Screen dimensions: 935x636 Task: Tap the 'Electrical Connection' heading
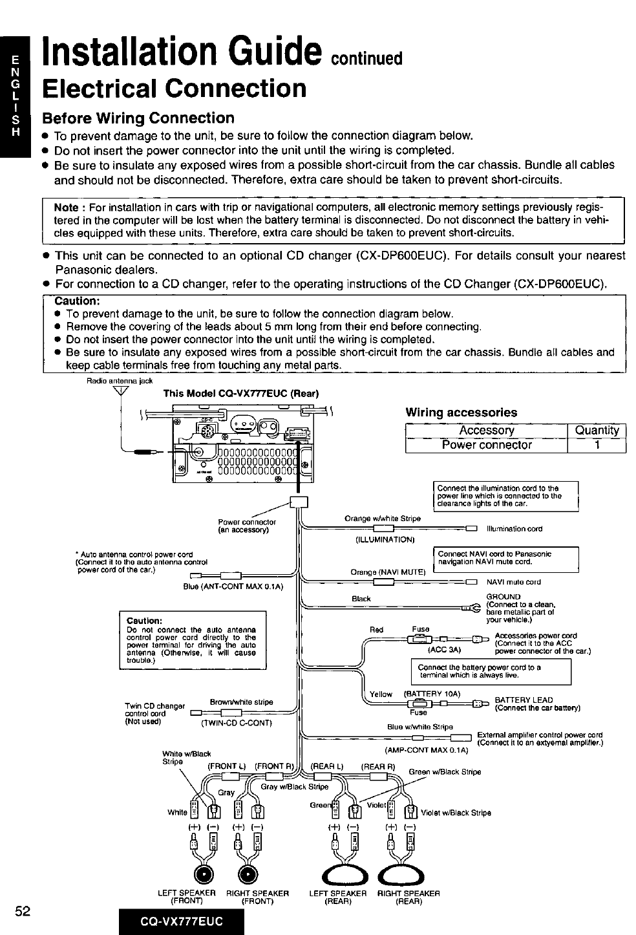tap(174, 88)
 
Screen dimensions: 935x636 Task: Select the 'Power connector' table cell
tap(486, 445)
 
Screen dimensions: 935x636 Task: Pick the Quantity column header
tap(597, 430)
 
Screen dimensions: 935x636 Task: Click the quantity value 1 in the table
tap(597, 445)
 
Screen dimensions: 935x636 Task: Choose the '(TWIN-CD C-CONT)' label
tap(237, 723)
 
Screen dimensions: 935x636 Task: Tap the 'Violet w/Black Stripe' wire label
tap(456, 813)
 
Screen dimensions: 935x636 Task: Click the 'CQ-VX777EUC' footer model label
tap(182, 921)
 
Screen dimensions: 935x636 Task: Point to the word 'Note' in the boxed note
tap(66, 207)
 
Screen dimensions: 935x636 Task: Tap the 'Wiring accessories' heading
tap(461, 412)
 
